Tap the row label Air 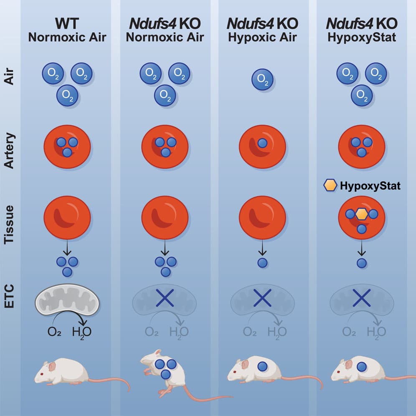[10, 79]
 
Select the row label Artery [10, 151]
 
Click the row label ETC [10, 297]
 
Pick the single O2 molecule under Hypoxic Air [262, 79]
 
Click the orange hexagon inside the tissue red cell [362, 214]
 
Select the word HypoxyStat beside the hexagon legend [370, 186]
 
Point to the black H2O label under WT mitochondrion [82, 332]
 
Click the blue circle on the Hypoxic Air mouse [262, 367]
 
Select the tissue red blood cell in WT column [67, 216]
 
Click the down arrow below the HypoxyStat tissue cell [362, 249]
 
